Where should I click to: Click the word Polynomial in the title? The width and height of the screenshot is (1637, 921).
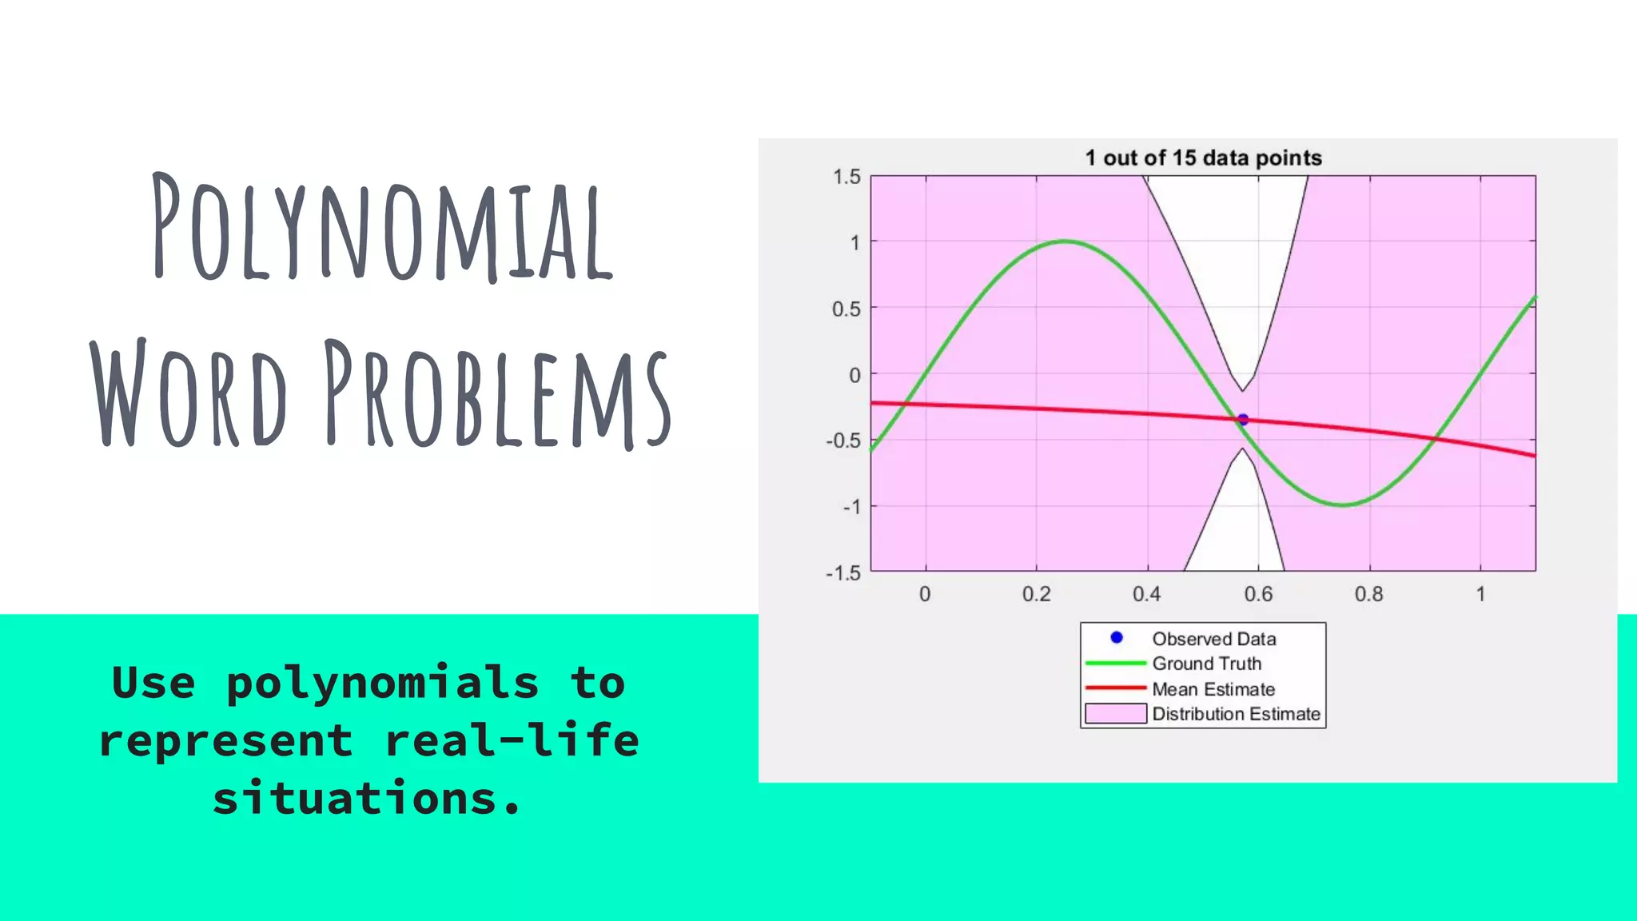point(382,228)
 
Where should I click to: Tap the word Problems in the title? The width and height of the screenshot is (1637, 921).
point(497,393)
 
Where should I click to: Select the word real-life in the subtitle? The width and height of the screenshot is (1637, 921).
point(512,740)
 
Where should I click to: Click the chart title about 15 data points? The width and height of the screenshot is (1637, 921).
point(1203,157)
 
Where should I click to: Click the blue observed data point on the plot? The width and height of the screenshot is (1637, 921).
point(1243,420)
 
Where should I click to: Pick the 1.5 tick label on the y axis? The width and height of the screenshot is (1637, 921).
point(846,177)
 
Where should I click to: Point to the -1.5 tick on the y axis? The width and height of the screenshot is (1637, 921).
point(843,573)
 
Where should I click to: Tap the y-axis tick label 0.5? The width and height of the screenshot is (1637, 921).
point(846,309)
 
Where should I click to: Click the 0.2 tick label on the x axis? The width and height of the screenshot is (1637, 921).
point(1037,594)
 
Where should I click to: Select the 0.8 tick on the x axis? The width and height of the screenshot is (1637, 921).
point(1369,594)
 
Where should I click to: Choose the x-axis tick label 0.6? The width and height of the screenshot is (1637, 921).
point(1258,594)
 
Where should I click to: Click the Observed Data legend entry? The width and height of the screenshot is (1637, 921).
point(1213,639)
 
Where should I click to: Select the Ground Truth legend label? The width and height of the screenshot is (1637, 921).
point(1206,664)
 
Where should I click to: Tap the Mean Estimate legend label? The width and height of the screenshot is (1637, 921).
point(1213,689)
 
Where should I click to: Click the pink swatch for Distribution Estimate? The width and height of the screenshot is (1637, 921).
point(1116,713)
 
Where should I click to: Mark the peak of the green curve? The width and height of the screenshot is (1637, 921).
point(1065,241)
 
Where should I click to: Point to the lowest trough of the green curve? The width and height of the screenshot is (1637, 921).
point(1344,504)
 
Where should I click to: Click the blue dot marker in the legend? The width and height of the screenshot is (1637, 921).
point(1117,637)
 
